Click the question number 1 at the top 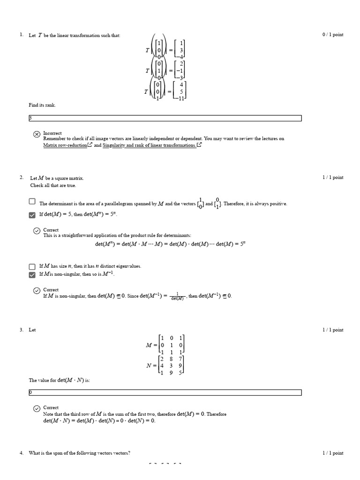pos(22,35)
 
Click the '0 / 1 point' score pos(332,35)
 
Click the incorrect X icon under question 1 pos(37,135)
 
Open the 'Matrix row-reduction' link pos(65,145)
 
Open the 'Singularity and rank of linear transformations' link pos(149,145)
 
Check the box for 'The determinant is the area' pos(32,202)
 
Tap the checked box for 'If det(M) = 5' pos(32,215)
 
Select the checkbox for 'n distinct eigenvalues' pos(32,266)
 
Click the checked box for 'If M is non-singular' pos(32,274)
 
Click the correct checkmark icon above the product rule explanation pos(37,231)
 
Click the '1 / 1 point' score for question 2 pos(332,177)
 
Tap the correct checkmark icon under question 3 pos(37,409)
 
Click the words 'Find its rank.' pos(42,105)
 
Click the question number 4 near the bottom pos(22,453)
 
